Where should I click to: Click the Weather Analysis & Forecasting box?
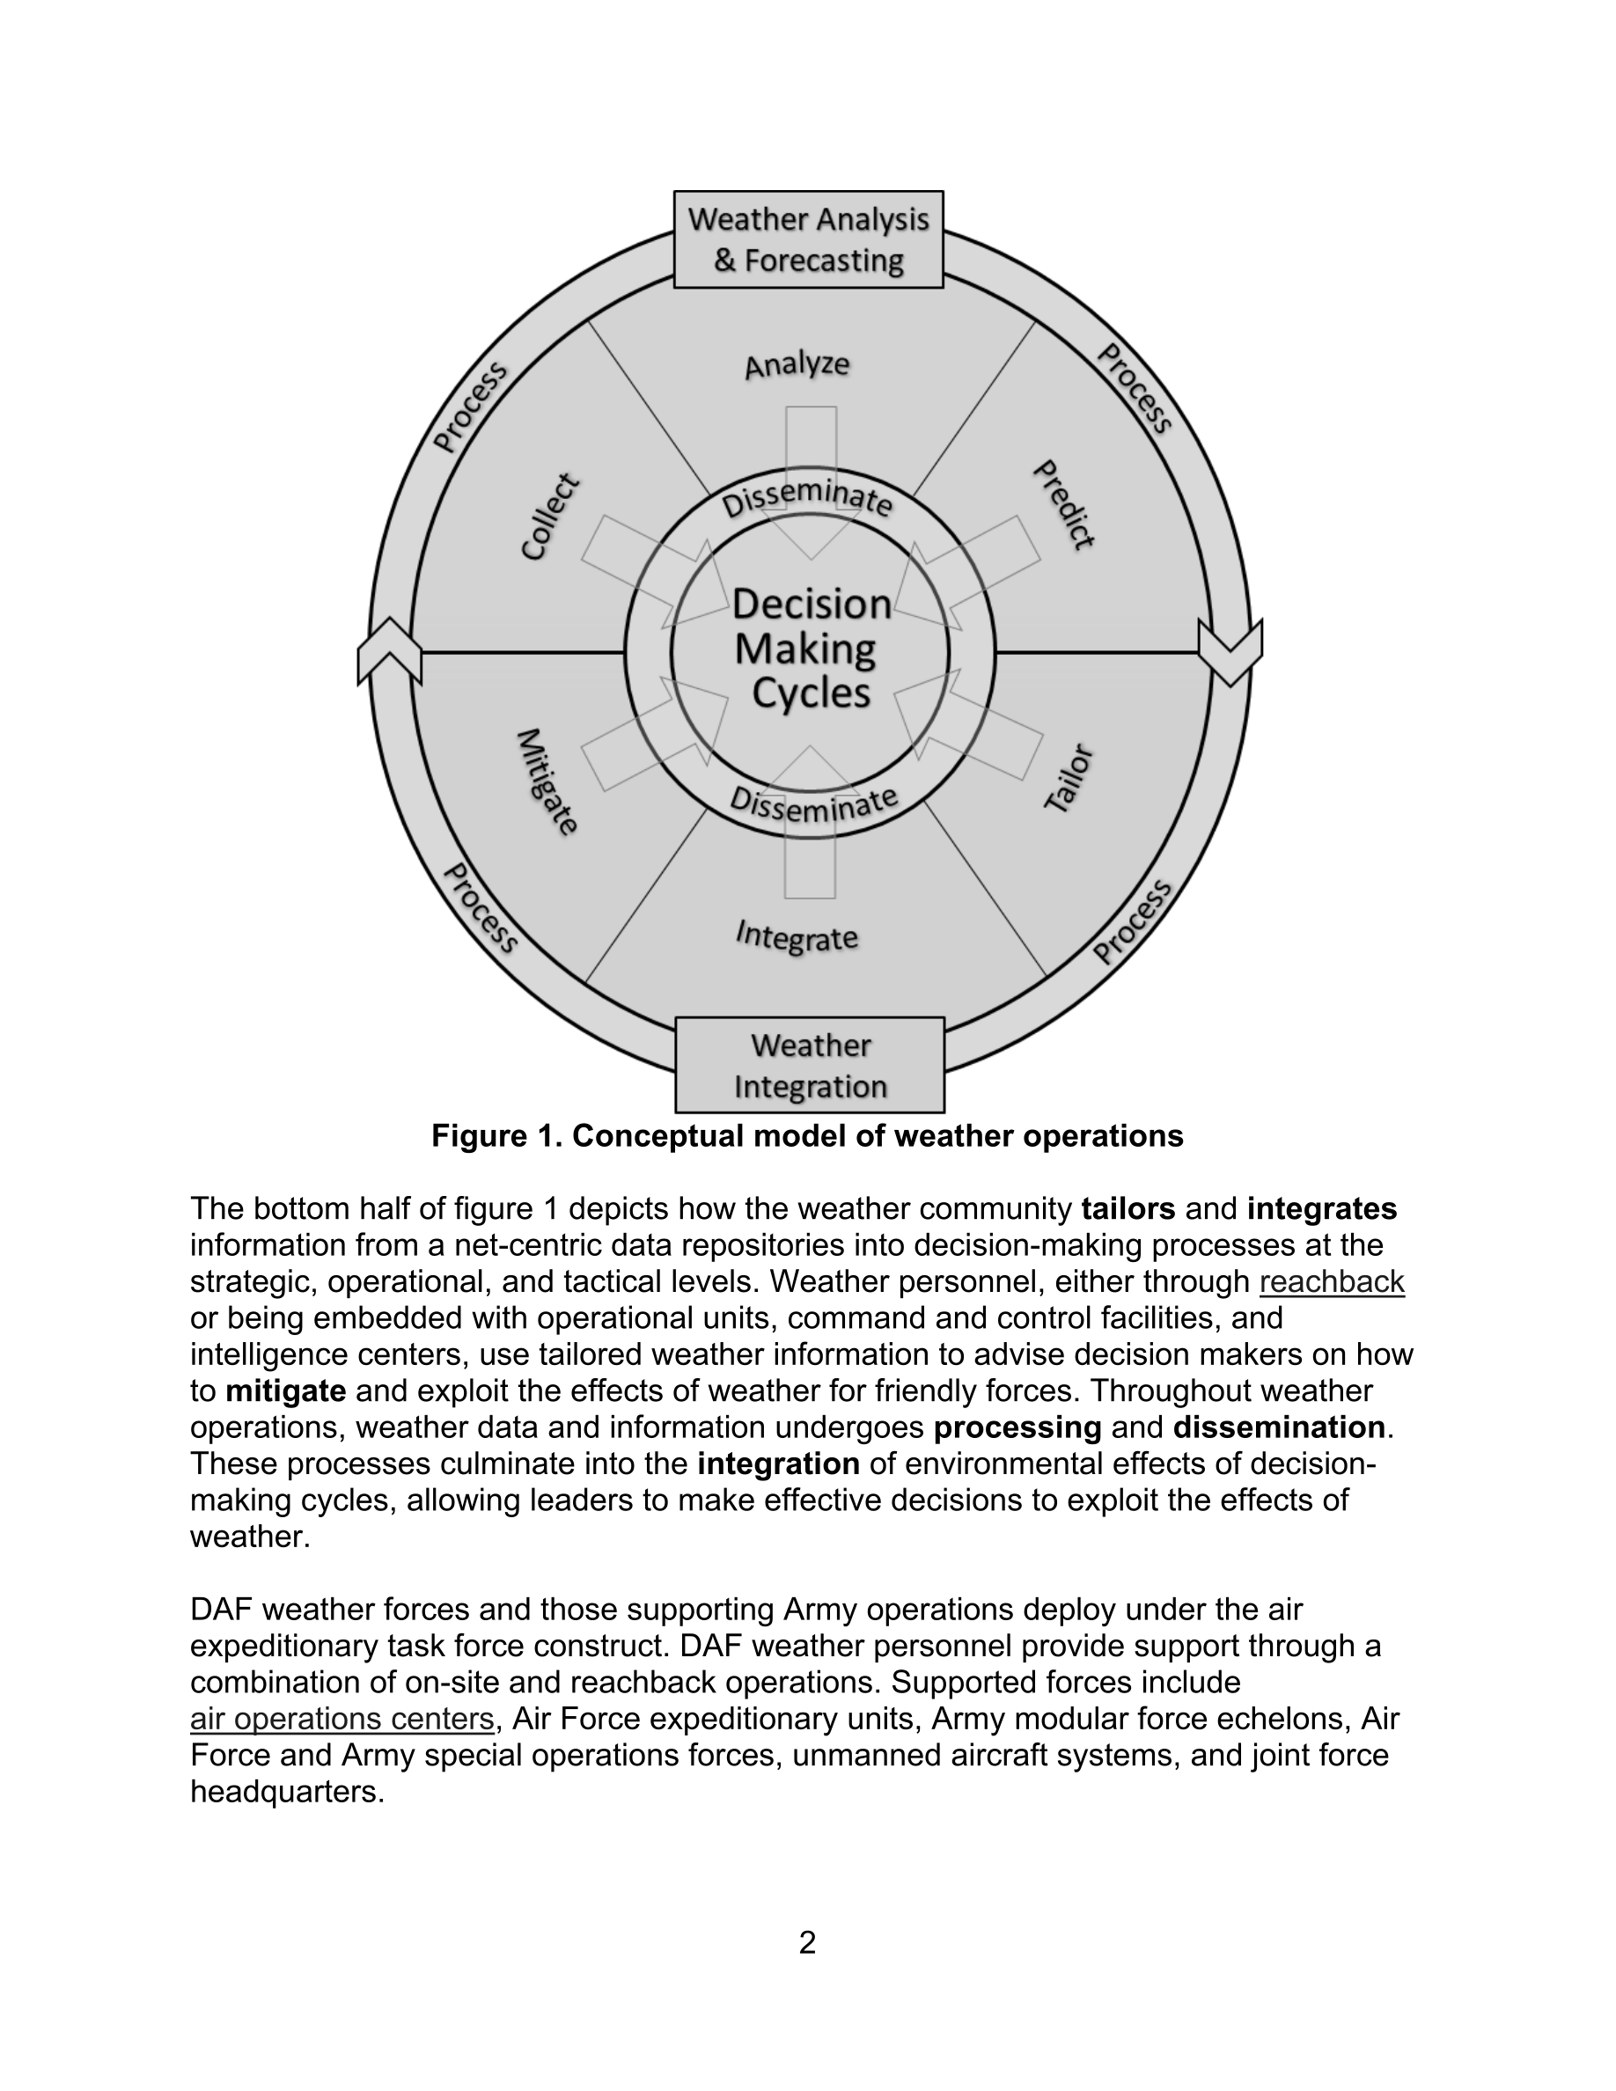point(808,239)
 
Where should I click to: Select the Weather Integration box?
point(810,1065)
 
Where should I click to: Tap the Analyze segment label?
point(797,364)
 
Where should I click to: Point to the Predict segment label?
point(1063,504)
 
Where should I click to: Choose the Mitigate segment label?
point(547,782)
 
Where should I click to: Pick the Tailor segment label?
point(1069,777)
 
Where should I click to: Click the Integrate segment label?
point(797,936)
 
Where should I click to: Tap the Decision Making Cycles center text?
point(811,649)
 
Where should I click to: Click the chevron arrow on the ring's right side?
point(1230,650)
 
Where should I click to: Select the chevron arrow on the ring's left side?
point(389,651)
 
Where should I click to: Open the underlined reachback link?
point(1332,1282)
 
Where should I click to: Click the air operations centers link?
point(342,1720)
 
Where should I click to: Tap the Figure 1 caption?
point(807,1136)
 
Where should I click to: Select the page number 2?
point(807,1942)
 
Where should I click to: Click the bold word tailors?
point(1128,1209)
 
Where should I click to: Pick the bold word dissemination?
point(1278,1427)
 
